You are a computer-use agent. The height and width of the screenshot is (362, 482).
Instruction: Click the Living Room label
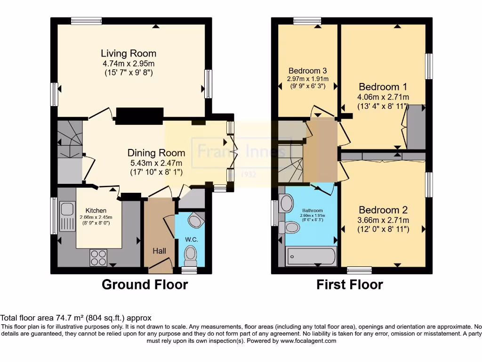pyautogui.click(x=129, y=53)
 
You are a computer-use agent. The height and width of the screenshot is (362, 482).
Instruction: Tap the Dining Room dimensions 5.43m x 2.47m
pyautogui.click(x=156, y=163)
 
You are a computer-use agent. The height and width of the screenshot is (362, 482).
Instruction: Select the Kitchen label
pyautogui.click(x=96, y=210)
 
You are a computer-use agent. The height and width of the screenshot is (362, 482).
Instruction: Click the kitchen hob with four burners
pyautogui.click(x=98, y=258)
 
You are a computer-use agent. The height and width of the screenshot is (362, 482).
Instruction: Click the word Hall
pyautogui.click(x=159, y=251)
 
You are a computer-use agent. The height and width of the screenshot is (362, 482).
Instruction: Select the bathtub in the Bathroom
pyautogui.click(x=311, y=256)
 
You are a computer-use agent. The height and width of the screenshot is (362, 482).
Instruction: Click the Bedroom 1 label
pyautogui.click(x=383, y=87)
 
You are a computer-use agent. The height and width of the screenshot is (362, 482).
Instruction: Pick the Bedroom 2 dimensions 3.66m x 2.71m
pyautogui.click(x=383, y=220)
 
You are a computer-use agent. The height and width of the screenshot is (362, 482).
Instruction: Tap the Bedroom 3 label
pyautogui.click(x=307, y=72)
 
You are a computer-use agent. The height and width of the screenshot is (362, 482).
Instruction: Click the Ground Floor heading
pyautogui.click(x=145, y=285)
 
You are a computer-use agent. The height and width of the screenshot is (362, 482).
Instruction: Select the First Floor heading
pyautogui.click(x=349, y=285)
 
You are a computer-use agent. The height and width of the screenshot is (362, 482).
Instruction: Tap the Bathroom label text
pyautogui.click(x=312, y=211)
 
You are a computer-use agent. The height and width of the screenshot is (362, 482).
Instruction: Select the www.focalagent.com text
pyautogui.click(x=308, y=341)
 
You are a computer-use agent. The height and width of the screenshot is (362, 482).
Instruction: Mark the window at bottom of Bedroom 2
pyautogui.click(x=359, y=271)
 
